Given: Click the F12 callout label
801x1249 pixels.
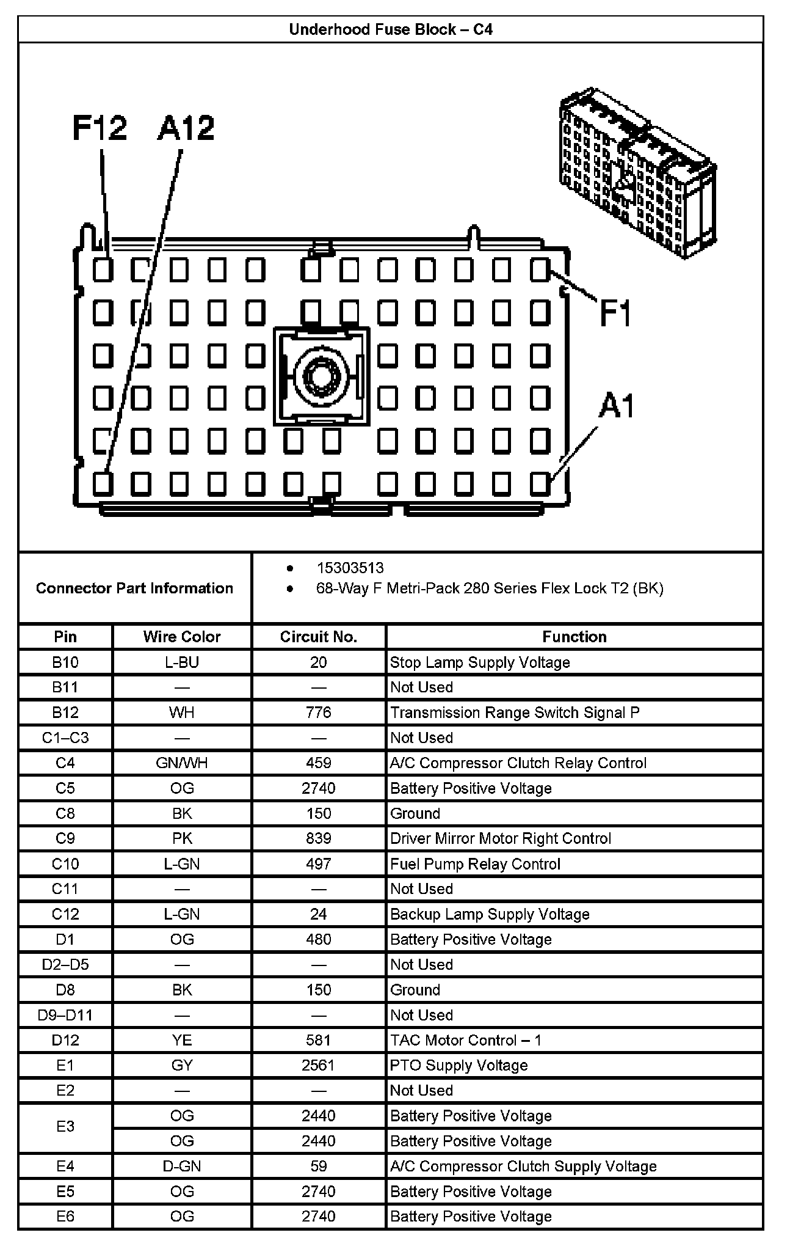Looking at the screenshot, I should [99, 128].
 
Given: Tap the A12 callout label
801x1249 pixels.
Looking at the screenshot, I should [186, 128].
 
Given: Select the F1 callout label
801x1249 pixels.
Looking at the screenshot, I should [615, 313].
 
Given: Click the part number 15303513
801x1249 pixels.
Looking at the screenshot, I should [350, 568].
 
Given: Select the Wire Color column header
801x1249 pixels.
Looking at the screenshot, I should [182, 637].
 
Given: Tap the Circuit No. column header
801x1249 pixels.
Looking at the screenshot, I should [318, 637].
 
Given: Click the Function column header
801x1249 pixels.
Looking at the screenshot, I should [574, 637].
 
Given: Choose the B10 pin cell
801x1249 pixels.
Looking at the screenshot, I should [65, 662].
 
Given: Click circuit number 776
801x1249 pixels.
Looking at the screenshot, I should [318, 712].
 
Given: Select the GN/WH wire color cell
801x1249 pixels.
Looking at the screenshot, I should [182, 763].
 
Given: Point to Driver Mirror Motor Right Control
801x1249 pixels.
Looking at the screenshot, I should [500, 838].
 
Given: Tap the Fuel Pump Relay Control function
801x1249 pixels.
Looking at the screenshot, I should [475, 864].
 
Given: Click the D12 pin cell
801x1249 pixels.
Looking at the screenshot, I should [65, 1040].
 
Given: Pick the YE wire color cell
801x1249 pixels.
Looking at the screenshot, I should [182, 1040].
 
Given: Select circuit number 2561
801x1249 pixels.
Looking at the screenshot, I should [318, 1065].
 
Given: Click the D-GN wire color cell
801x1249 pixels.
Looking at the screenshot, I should [182, 1166].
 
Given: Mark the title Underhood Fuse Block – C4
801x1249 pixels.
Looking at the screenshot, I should [391, 29].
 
